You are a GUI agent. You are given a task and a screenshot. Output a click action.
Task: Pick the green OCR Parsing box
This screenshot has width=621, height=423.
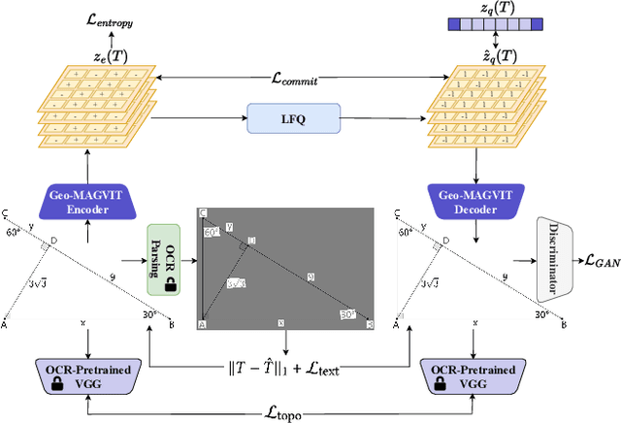(x=163, y=259)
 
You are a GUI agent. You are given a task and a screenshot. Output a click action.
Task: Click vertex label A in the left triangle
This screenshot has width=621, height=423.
(x=5, y=326)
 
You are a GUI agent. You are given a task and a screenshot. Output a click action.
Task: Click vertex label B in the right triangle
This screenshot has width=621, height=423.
(x=563, y=326)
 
